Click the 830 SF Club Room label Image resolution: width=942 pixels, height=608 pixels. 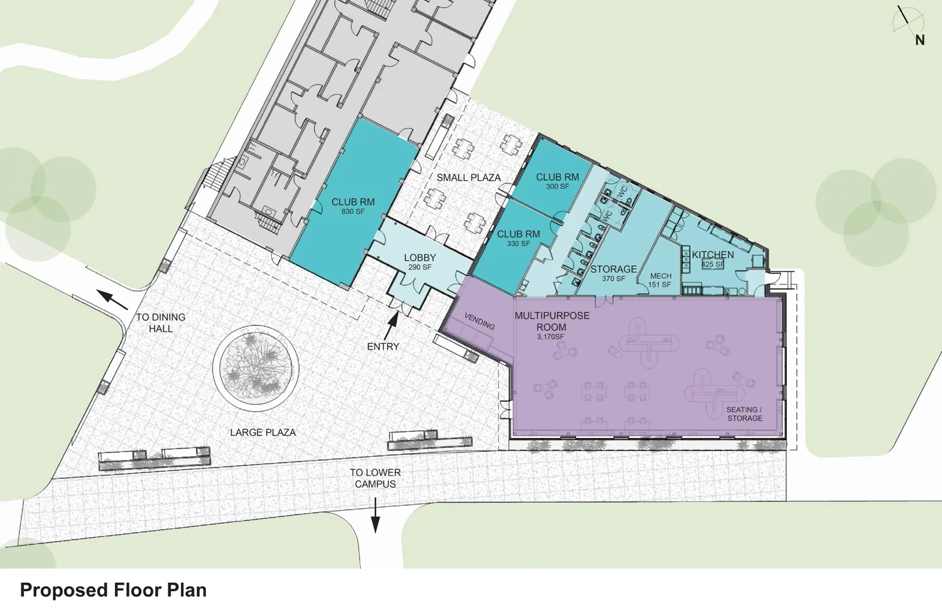[x=353, y=206]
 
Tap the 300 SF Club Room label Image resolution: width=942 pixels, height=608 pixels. [x=557, y=181]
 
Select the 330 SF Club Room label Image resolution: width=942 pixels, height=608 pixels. [x=518, y=238]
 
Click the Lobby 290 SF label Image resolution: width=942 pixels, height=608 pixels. [x=420, y=262]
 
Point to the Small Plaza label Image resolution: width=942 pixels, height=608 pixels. [x=468, y=178]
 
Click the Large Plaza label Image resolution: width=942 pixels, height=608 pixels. [x=263, y=432]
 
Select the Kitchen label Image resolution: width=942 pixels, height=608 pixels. [x=713, y=255]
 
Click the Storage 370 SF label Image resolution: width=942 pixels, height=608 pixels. [x=613, y=273]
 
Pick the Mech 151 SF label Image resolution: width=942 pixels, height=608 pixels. [x=660, y=280]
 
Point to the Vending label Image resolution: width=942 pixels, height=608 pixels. [x=479, y=321]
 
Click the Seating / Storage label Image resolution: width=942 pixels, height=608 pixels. [x=744, y=413]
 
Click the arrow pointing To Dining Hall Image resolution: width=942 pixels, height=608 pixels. [x=112, y=299]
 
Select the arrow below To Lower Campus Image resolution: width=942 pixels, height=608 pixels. [x=376, y=516]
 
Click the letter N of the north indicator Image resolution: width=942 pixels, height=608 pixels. [x=920, y=40]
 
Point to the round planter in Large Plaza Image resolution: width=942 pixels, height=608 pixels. [x=256, y=368]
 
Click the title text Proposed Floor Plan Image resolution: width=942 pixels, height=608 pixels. [x=113, y=590]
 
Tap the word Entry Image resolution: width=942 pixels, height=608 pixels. [x=383, y=346]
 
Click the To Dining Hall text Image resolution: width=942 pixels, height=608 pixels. [x=161, y=323]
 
